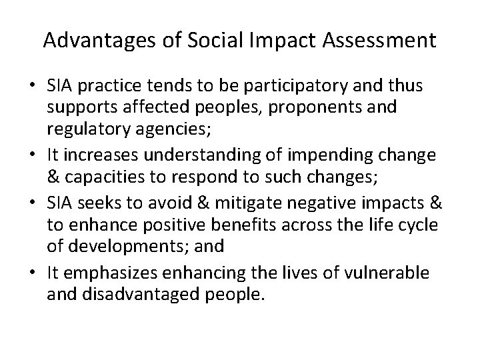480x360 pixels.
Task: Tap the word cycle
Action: coord(418,225)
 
